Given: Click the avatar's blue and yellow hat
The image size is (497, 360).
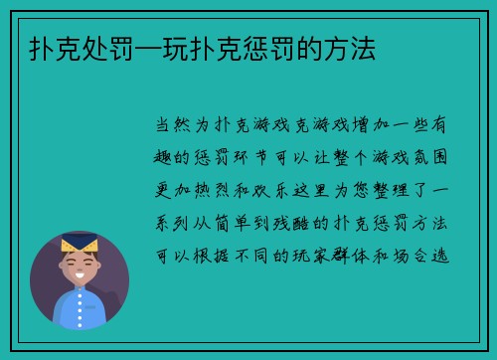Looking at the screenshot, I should pyautogui.click(x=80, y=240).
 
